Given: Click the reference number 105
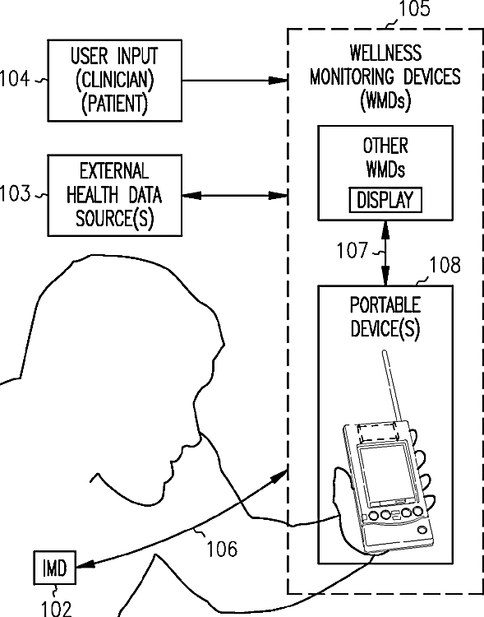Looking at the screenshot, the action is pyautogui.click(x=414, y=9).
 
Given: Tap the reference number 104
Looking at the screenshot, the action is pyautogui.click(x=14, y=78).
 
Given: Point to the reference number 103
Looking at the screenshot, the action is pyautogui.click(x=15, y=193).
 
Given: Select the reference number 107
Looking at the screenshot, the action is pyautogui.click(x=352, y=250).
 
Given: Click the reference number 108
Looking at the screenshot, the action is pyautogui.click(x=445, y=265).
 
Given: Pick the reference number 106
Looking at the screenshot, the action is pyautogui.click(x=222, y=549).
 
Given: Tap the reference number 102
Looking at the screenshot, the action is pyautogui.click(x=57, y=608).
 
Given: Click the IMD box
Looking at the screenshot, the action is pyautogui.click(x=55, y=568).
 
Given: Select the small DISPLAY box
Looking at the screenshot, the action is pyautogui.click(x=385, y=200).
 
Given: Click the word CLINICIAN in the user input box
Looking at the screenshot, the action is pyautogui.click(x=114, y=80).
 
